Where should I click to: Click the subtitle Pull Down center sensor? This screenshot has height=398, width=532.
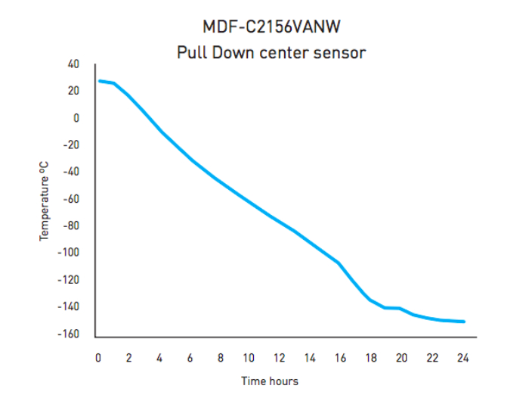click(271, 53)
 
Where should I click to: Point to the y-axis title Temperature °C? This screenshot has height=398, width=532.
click(45, 201)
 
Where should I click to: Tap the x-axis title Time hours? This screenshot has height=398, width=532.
click(270, 381)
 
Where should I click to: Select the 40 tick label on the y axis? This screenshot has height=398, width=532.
click(73, 64)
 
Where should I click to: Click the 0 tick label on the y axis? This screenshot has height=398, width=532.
click(76, 118)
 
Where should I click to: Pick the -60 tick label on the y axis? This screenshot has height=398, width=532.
click(71, 199)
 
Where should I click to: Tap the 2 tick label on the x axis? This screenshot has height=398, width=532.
click(128, 358)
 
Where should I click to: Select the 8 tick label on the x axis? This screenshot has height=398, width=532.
click(220, 358)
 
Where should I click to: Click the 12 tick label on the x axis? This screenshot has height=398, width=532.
click(279, 358)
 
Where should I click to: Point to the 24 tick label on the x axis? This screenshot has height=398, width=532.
click(462, 358)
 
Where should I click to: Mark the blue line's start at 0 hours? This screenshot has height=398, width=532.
click(99, 81)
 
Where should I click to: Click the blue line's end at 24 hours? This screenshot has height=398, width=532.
click(463, 322)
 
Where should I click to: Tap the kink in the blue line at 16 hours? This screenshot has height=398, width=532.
click(339, 263)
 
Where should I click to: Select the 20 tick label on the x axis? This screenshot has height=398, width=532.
click(401, 358)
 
